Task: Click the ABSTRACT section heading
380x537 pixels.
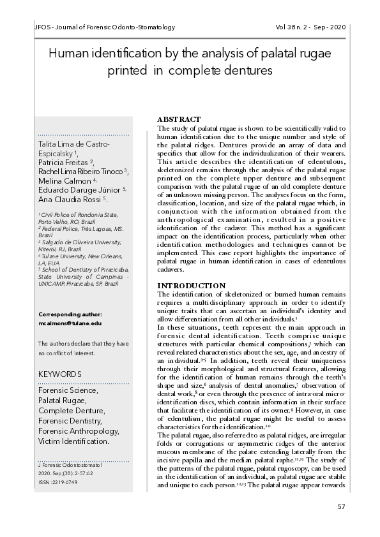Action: (x=179, y=120)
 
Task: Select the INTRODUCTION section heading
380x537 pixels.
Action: (x=191, y=285)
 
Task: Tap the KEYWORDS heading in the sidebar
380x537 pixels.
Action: (x=60, y=374)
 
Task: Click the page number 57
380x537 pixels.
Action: (x=340, y=506)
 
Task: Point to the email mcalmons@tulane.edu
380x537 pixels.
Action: (x=70, y=323)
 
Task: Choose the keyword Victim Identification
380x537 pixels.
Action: (x=73, y=441)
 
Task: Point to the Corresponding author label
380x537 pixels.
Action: (x=70, y=314)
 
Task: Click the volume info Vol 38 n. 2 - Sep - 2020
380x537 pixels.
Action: (x=310, y=28)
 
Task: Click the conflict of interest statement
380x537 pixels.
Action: (x=83, y=348)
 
